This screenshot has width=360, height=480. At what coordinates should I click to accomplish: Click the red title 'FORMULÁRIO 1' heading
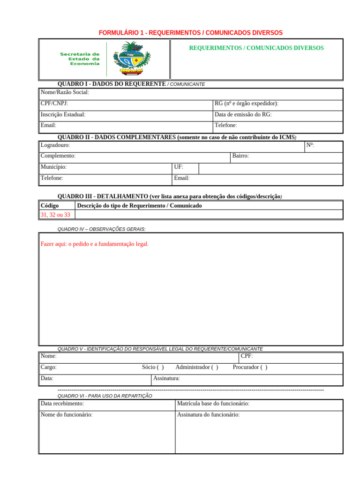coord(190,33)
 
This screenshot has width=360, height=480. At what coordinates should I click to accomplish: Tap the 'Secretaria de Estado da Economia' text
coord(80,59)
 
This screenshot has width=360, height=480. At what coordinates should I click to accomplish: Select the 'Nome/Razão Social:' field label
coord(65,92)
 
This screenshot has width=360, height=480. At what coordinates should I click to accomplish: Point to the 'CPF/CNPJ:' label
coord(54,103)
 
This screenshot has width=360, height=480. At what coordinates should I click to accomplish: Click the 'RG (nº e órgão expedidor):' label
coord(246,103)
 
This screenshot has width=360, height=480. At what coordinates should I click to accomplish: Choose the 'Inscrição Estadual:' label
coord(63,114)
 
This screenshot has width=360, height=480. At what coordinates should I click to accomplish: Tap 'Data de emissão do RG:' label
coord(243,114)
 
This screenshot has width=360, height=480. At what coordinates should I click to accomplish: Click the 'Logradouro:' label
coord(55,145)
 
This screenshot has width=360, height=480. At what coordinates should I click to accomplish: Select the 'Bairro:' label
coord(240,156)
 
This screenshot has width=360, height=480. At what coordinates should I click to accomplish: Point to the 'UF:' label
coord(179,167)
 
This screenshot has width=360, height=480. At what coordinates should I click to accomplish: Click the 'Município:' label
coord(53,167)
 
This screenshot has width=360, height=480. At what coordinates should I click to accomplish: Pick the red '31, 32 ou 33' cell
coord(55,215)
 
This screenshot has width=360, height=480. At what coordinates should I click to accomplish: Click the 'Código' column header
coord(50,205)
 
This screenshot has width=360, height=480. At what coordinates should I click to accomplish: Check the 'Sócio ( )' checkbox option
coord(153,367)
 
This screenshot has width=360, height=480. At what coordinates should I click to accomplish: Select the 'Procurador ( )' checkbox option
coord(250,367)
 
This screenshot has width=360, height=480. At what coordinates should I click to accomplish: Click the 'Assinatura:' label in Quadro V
coord(166,378)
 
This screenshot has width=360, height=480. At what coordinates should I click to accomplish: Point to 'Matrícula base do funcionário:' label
coord(213,404)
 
